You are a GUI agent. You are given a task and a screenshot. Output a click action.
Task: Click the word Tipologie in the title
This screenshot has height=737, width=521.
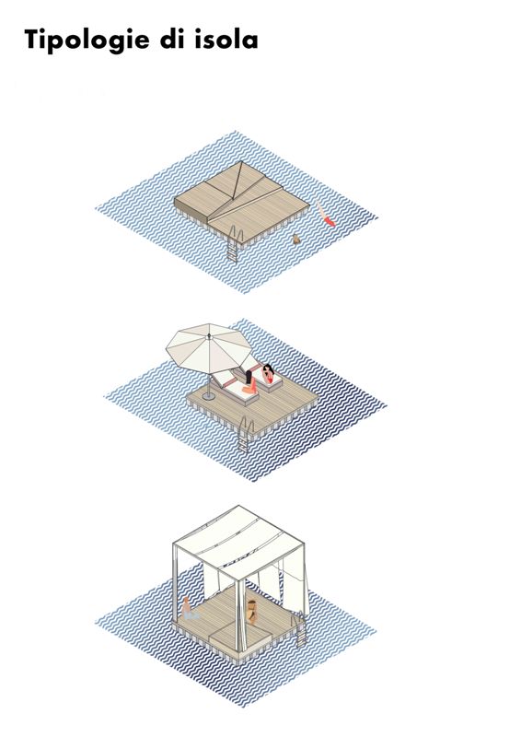pos(87,41)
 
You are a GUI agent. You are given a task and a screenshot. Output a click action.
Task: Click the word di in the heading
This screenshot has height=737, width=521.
pos(172,39)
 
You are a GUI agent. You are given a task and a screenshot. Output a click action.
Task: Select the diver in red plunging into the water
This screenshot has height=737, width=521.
pos(326,214)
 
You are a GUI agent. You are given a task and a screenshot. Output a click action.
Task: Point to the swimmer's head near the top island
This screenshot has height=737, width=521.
pos(296,239)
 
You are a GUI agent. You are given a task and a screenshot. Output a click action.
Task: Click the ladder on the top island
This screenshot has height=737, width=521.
pos(234,243)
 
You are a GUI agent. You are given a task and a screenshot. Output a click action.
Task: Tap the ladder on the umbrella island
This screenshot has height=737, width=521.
pos(245,435)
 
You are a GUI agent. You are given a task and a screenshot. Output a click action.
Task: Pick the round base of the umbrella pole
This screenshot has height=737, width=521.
pos(209,397)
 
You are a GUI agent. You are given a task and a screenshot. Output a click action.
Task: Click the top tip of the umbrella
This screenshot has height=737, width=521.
pos(209,334)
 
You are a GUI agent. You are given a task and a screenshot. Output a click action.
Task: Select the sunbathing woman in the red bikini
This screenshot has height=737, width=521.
pos(268,374)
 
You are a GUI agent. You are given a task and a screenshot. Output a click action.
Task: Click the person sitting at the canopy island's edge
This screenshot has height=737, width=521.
pos(188,608)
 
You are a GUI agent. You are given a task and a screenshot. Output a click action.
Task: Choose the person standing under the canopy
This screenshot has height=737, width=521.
pos(252,612)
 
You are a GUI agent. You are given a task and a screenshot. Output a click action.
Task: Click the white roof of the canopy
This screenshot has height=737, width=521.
pos(238,542)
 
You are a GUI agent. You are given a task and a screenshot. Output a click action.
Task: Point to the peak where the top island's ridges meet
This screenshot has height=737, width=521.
pos(241,163)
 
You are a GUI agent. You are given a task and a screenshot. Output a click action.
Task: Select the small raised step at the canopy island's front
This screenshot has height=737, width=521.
pos(238,632)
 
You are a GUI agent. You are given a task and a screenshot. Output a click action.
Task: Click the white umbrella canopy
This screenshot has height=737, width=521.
pos(209,348)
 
